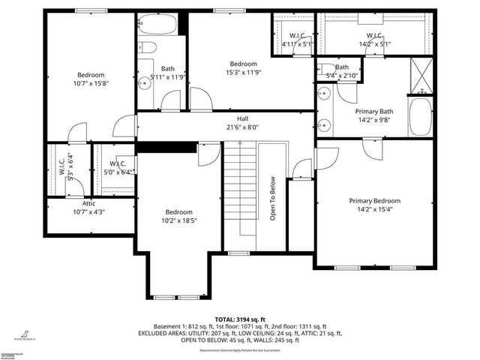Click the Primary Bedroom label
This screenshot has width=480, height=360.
point(374,201)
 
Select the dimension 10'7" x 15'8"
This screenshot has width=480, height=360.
point(91,85)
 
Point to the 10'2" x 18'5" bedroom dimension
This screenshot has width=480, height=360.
point(179,221)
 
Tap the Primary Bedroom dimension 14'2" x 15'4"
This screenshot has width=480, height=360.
point(374,211)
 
